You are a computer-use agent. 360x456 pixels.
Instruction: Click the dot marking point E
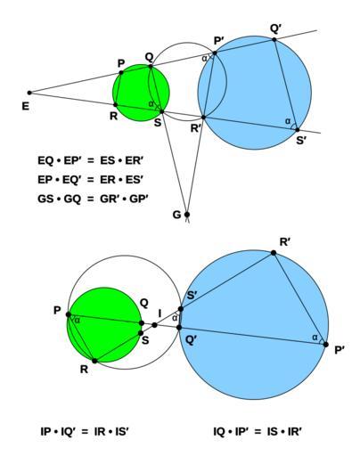(x=29, y=93)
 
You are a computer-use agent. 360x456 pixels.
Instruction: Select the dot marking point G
(x=187, y=215)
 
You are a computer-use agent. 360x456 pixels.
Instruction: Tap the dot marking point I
(x=154, y=325)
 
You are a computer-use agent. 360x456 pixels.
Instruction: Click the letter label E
(x=26, y=106)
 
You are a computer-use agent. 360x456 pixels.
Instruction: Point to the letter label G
(x=176, y=215)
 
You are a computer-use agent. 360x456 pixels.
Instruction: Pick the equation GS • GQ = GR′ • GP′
(x=93, y=199)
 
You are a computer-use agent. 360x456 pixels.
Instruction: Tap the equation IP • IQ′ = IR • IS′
(x=85, y=431)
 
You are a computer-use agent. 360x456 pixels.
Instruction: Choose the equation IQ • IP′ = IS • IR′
(x=258, y=431)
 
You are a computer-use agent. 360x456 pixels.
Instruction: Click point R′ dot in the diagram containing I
(x=274, y=253)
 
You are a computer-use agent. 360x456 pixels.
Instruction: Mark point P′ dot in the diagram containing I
(x=326, y=345)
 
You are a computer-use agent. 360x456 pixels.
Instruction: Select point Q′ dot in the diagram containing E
(x=274, y=39)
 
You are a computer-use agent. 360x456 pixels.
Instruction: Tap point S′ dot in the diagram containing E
(x=298, y=130)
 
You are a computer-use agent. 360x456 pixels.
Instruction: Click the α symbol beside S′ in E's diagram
(x=287, y=121)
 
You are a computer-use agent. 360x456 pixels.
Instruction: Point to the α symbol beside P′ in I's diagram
(x=315, y=338)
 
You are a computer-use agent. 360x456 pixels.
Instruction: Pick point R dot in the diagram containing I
(x=94, y=361)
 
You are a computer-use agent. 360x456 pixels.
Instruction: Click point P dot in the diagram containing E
(x=121, y=72)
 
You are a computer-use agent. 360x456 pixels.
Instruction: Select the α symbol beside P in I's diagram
(x=77, y=321)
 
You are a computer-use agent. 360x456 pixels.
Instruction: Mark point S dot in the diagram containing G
(x=162, y=111)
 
